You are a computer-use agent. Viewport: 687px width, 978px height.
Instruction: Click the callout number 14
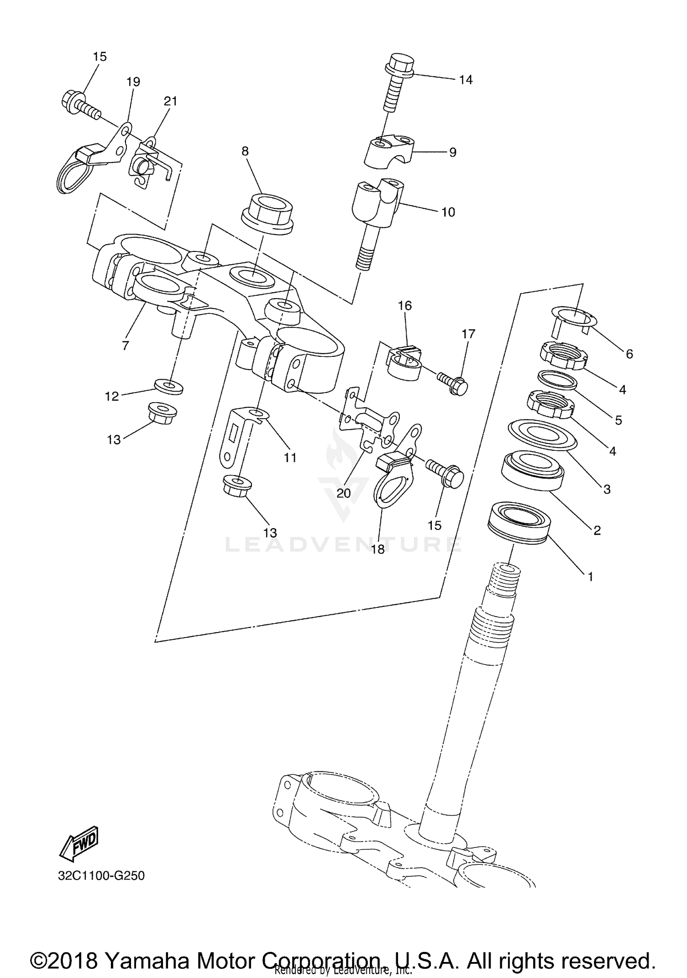(465, 80)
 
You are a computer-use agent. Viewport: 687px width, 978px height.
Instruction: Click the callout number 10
(448, 212)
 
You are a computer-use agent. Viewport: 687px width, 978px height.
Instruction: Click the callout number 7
(125, 345)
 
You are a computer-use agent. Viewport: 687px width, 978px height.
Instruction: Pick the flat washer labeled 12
(168, 386)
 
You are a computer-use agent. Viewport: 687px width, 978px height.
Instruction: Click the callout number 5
(618, 420)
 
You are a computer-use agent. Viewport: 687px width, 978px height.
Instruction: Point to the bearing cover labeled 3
(543, 434)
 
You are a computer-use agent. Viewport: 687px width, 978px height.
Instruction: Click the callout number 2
(597, 530)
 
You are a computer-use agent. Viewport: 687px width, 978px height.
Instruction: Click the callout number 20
(343, 493)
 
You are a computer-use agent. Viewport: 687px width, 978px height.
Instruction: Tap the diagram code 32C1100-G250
(101, 876)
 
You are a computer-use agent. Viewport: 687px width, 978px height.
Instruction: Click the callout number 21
(170, 101)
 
